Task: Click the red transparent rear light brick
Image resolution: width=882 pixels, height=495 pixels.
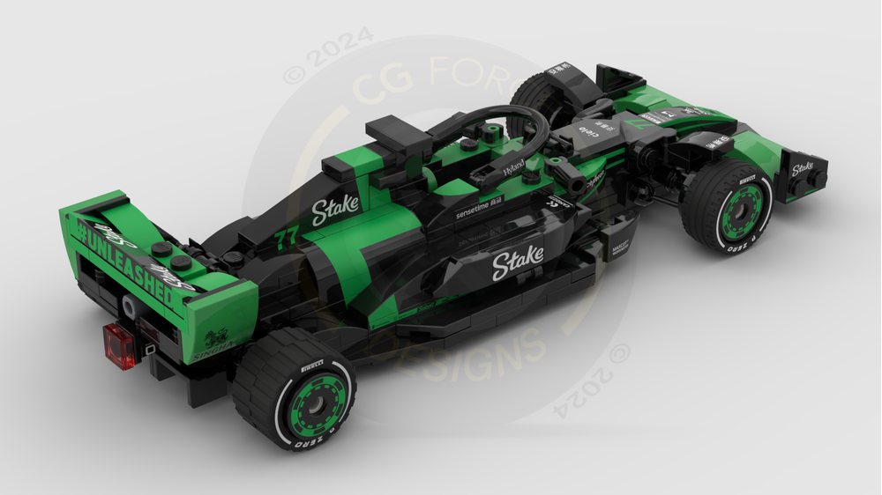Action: pos(120,344)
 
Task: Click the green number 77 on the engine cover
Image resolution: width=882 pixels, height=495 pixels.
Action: pos(286,238)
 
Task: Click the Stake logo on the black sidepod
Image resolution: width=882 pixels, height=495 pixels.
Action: pos(518,262)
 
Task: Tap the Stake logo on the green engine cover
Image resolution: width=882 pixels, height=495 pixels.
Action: pos(336,208)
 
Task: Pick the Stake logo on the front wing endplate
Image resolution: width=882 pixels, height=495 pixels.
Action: pos(802,168)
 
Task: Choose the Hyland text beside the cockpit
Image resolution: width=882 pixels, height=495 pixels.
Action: pos(513,166)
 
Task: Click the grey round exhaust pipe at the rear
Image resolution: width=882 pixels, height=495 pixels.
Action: pos(131,307)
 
